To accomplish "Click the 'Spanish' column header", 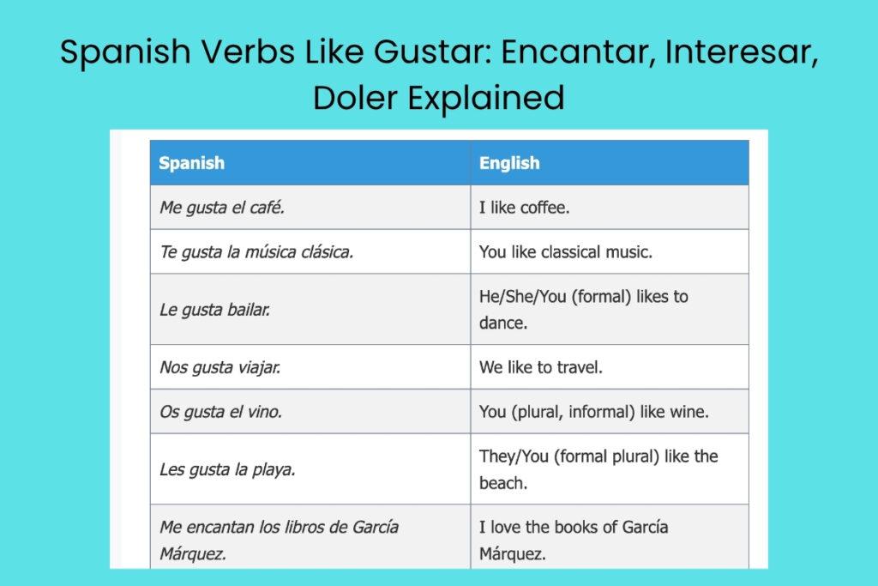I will point(192,163).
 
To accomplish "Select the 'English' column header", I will point(509,163).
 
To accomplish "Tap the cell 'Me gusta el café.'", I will point(222,208).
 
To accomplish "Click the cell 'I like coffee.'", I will point(524,208).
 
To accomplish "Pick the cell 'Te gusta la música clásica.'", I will point(256,252).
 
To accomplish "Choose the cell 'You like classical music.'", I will point(566,252).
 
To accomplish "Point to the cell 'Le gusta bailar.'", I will point(215,310).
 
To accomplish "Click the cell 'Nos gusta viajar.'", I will point(220,367).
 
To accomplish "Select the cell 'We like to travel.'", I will point(541,367).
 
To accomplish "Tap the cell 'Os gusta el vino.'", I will point(220,412).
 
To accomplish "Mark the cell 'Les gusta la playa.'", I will point(227,469).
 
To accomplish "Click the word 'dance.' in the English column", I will point(503,323).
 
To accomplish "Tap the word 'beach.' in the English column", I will point(502,483).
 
